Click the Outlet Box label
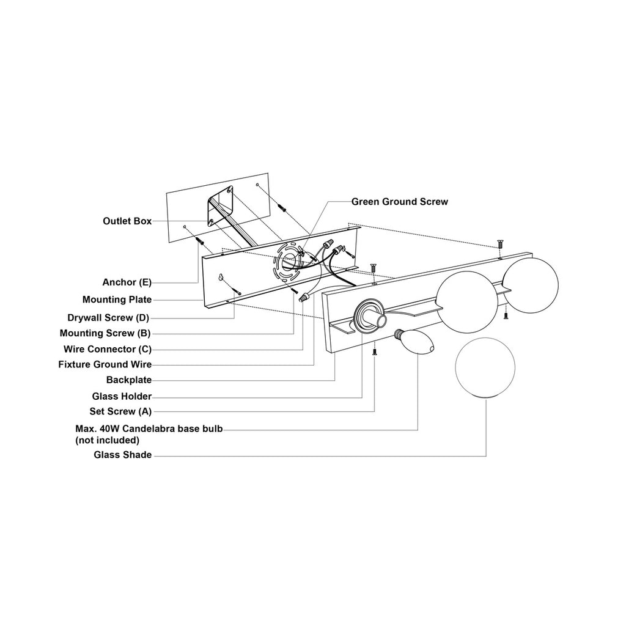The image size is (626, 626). [127, 221]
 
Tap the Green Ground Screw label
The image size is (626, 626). [400, 202]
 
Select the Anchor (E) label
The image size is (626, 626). [127, 282]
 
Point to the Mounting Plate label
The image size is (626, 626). [117, 300]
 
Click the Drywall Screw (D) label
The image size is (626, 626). [108, 318]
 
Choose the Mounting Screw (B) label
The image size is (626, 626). [105, 333]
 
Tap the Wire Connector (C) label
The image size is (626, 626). [108, 349]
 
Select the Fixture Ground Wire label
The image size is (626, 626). [105, 364]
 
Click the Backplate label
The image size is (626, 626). [129, 380]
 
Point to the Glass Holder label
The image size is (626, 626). [122, 396]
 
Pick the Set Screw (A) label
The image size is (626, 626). [120, 411]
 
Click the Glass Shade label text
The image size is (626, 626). [122, 455]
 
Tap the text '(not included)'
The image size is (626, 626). [108, 440]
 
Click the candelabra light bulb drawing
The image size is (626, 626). [414, 342]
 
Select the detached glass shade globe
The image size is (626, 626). [485, 367]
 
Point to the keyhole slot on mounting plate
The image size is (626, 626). [220, 277]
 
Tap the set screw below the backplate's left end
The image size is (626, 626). [375, 352]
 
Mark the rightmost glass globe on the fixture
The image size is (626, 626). [530, 285]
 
